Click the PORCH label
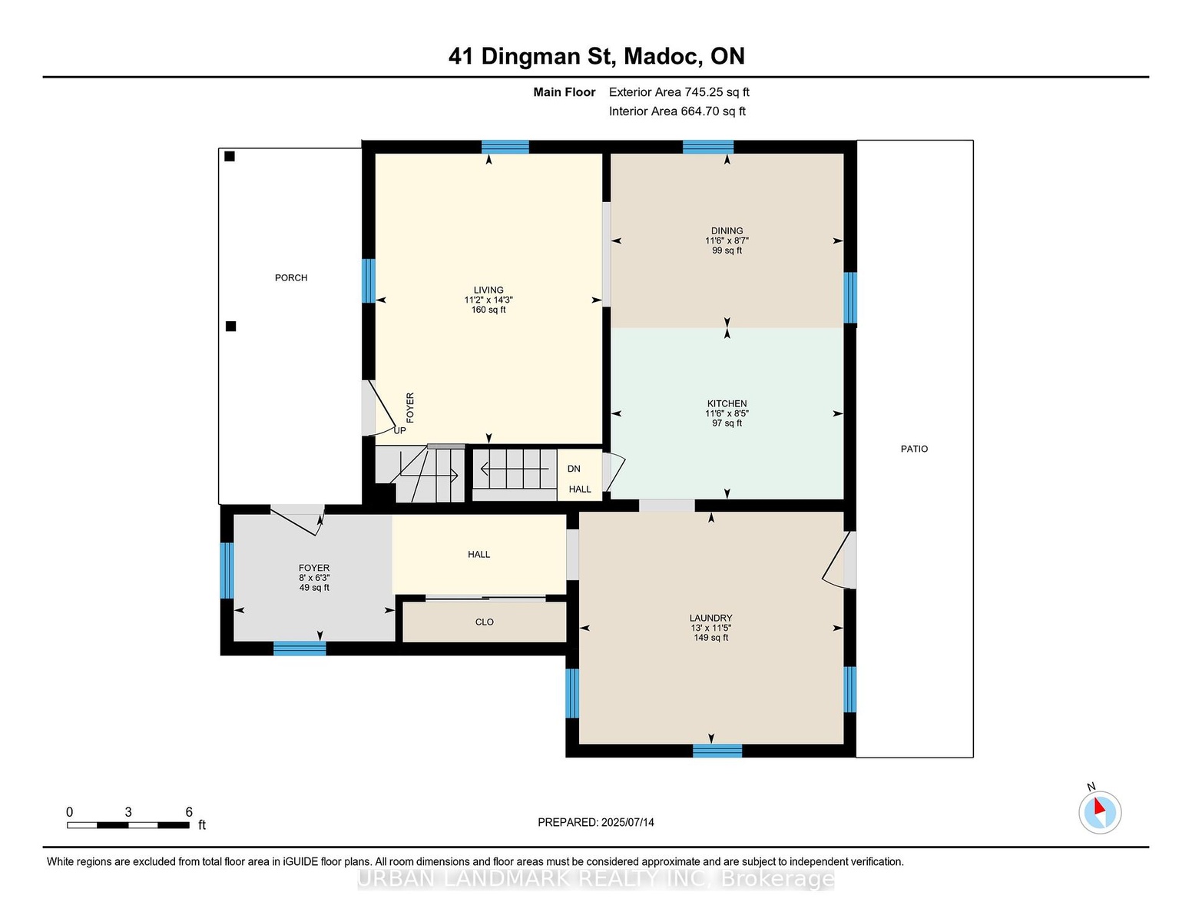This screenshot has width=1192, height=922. tap(291, 278)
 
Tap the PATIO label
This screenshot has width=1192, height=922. tap(914, 449)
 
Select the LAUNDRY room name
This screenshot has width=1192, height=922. tap(711, 618)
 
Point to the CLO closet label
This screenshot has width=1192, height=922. tap(485, 622)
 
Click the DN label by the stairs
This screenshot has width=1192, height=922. tap(574, 469)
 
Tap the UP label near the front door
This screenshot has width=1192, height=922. tap(400, 430)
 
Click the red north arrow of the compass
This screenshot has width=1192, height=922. tap(1099, 806)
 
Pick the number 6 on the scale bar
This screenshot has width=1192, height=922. tap(189, 812)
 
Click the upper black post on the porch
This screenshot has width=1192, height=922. tap(230, 156)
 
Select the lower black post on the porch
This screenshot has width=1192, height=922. tap(231, 327)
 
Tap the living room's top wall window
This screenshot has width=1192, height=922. tap(505, 147)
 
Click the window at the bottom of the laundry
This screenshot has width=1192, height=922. tap(717, 751)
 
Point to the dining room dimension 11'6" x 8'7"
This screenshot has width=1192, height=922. tap(727, 240)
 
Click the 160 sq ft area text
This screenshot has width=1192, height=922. tap(488, 310)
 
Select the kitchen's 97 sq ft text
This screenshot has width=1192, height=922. tap(727, 423)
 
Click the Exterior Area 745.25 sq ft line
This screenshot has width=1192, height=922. tap(679, 92)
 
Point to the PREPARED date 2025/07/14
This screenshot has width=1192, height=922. tap(627, 822)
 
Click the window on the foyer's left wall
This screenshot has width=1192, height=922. tap(227, 570)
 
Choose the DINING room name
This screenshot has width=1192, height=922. tap(727, 231)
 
